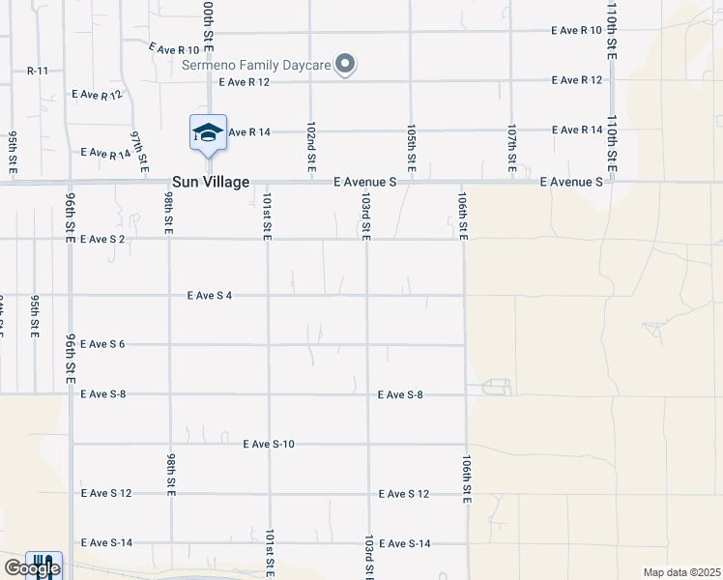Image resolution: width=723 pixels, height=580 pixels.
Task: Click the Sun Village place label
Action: tap(211, 182)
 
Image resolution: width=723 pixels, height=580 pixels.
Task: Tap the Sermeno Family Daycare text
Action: tap(257, 66)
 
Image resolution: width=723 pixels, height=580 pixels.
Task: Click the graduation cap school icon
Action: tap(207, 132)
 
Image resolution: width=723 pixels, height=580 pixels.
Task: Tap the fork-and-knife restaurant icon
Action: tap(43, 565)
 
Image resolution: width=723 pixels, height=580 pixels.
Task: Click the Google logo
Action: tap(31, 569)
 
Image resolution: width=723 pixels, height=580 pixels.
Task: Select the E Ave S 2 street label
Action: tap(102, 239)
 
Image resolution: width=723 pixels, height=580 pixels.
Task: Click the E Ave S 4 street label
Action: tap(210, 296)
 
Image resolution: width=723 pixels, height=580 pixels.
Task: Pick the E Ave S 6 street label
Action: tap(102, 344)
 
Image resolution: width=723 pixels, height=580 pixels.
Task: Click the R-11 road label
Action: tap(38, 71)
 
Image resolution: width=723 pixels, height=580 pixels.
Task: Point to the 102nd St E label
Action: tap(310, 148)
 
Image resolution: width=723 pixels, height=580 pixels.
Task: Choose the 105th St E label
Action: tap(411, 148)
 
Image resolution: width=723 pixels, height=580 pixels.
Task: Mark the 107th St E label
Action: tap(511, 148)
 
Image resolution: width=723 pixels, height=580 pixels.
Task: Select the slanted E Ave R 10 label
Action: tap(174, 48)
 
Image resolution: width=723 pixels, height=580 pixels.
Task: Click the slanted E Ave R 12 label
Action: tap(98, 95)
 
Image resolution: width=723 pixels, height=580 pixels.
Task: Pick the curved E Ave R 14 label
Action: tap(105, 153)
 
